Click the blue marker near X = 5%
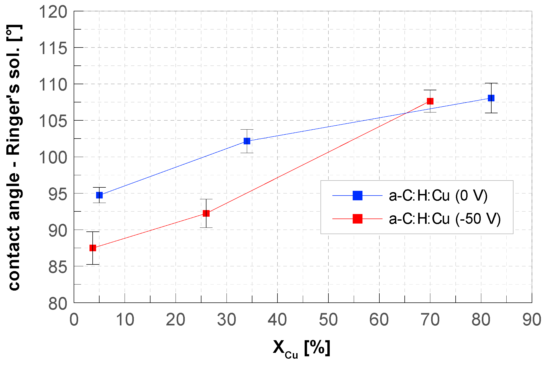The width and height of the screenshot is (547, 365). point(99,195)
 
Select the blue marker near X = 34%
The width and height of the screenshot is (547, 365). point(247,141)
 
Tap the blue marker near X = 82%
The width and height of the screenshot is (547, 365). point(491,98)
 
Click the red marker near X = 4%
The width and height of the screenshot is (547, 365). point(93,248)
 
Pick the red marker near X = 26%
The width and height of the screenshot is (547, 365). point(206,213)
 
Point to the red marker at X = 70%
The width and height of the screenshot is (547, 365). point(430,101)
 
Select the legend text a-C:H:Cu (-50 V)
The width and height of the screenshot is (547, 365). point(445,219)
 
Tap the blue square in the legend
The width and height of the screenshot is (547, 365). point(357,196)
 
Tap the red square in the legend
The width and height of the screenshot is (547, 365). point(357,219)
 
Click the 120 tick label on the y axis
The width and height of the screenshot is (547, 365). point(53,12)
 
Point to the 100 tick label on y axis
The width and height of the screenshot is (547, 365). point(53,158)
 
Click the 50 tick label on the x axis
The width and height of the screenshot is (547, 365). point(328,320)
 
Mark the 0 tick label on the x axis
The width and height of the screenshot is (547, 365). point(74,320)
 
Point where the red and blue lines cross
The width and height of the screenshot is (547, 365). point(406,113)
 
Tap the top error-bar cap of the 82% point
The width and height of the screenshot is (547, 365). point(491,83)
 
